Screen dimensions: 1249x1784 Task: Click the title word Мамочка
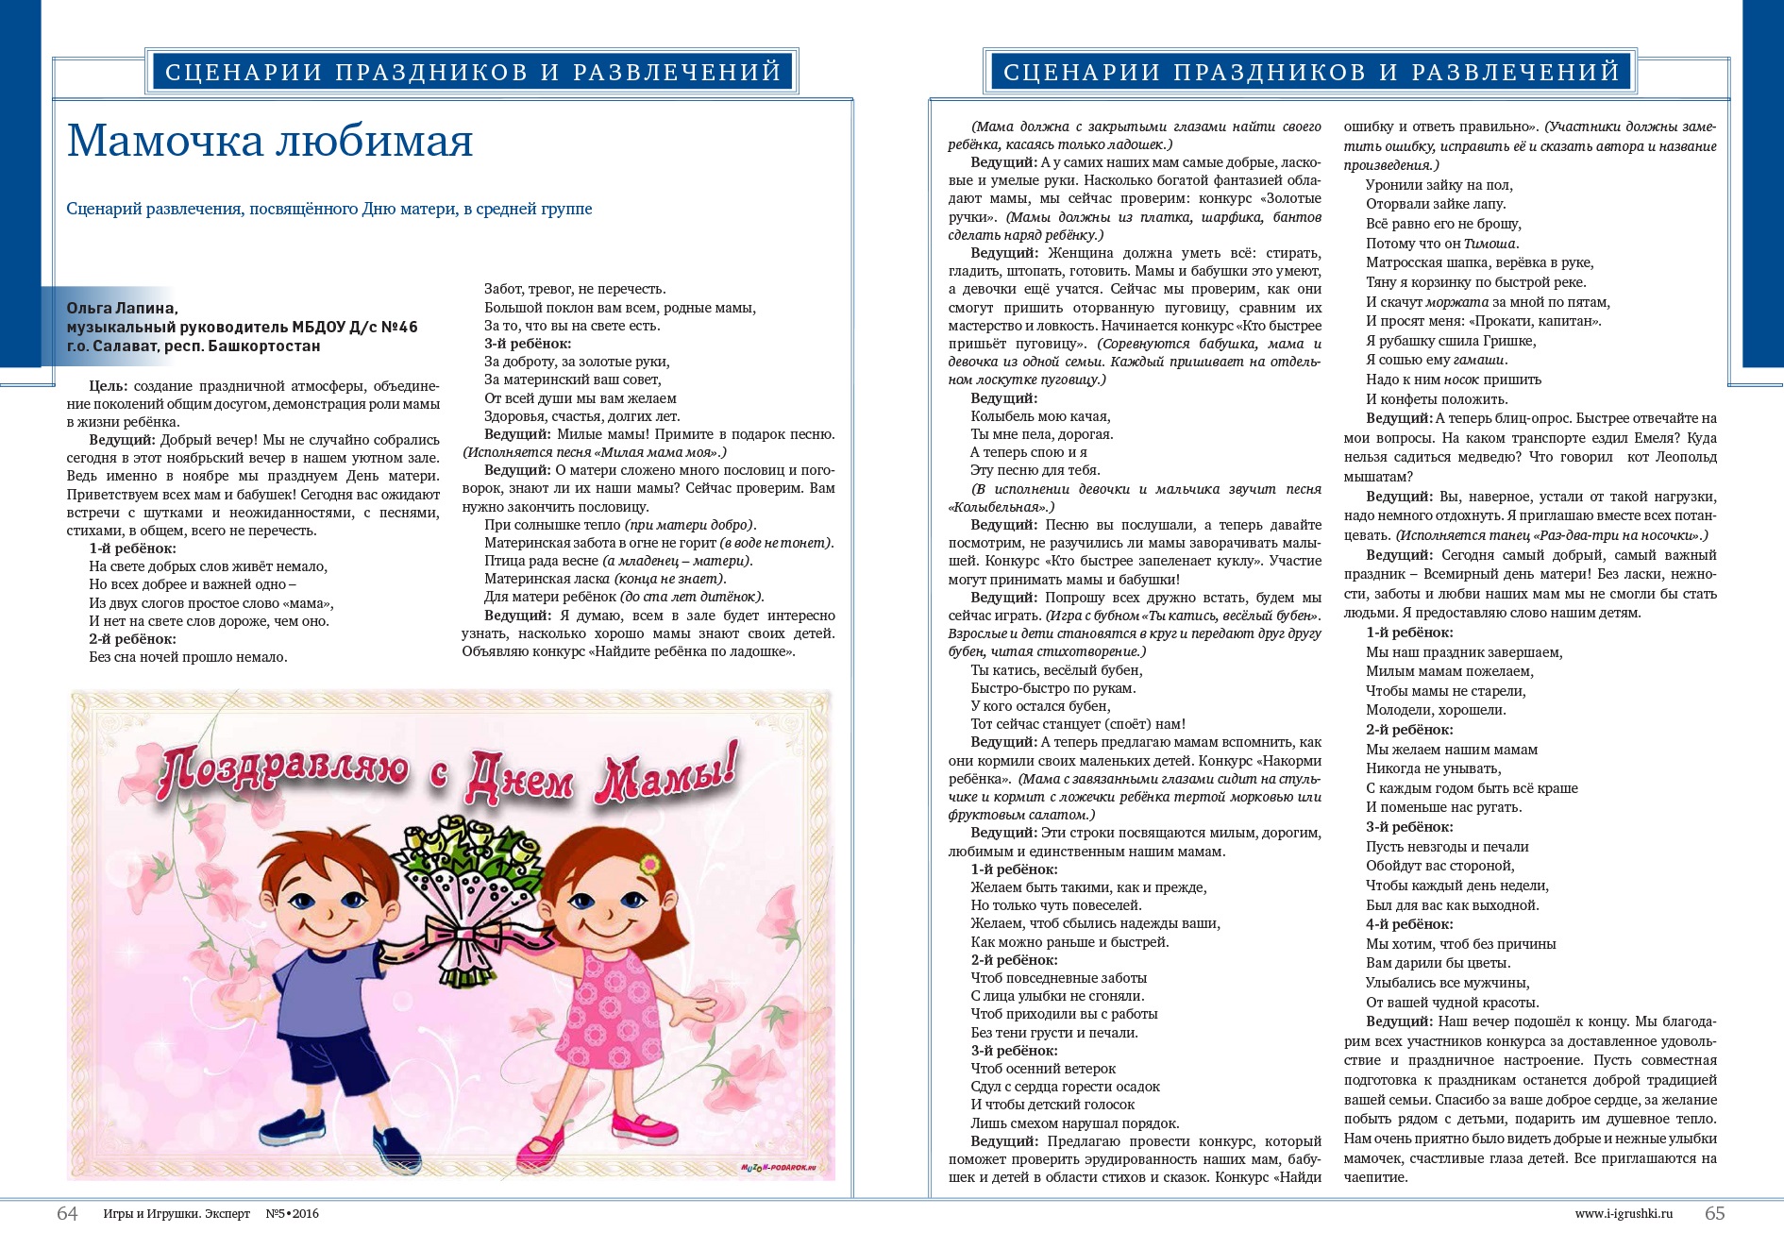164,142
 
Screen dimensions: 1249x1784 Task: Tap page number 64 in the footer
67,1214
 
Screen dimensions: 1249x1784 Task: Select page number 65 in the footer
1714,1214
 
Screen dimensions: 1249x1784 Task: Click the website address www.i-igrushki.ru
1624,1214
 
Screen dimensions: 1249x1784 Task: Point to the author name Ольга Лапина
122,308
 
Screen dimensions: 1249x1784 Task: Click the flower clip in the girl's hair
648,864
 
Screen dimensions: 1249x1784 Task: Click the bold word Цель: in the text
109,386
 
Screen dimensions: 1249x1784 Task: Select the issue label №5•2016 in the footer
292,1214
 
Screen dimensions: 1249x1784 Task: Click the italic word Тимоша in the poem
1490,244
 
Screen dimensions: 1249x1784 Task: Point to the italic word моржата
1456,302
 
